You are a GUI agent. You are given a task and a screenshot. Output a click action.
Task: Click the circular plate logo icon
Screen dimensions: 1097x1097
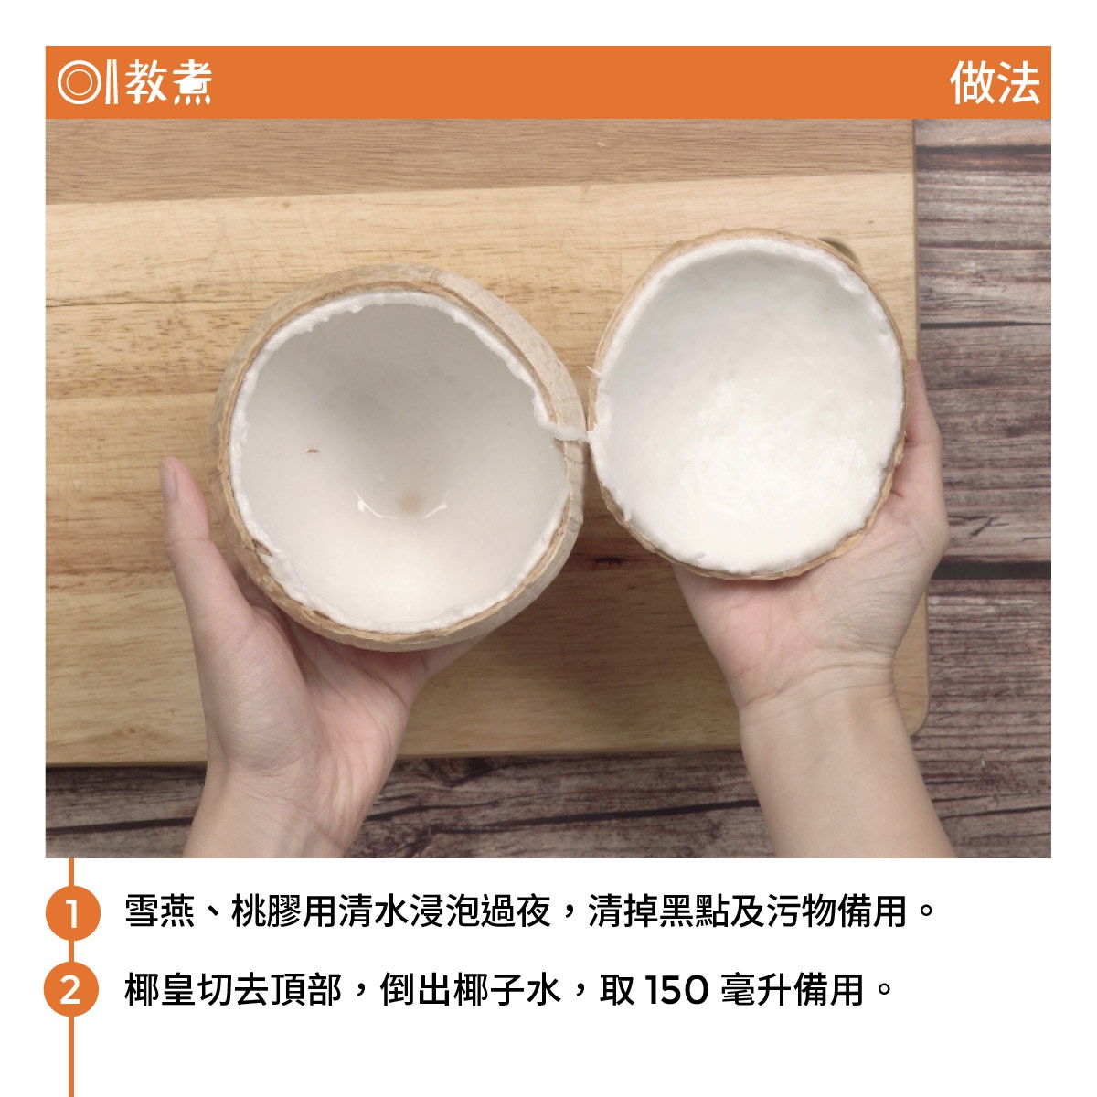point(80,82)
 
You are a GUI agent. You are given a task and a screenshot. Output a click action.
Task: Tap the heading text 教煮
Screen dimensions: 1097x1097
point(168,82)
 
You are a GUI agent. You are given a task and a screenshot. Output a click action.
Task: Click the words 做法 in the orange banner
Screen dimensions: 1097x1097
point(994,82)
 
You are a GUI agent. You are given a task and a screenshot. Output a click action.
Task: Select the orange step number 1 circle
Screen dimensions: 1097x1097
point(72,912)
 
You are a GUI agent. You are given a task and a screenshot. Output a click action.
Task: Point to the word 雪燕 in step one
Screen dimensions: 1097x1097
point(160,911)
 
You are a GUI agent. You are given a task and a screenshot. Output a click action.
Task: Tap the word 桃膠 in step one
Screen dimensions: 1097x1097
point(266,911)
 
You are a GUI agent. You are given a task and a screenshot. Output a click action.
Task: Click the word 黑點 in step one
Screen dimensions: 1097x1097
point(694,911)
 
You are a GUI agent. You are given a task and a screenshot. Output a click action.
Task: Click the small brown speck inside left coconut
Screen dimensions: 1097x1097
point(312,451)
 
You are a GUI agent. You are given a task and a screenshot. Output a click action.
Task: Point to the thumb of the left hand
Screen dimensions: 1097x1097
point(181,512)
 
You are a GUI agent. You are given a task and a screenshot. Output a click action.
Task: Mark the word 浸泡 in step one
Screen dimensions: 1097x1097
point(444,911)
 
